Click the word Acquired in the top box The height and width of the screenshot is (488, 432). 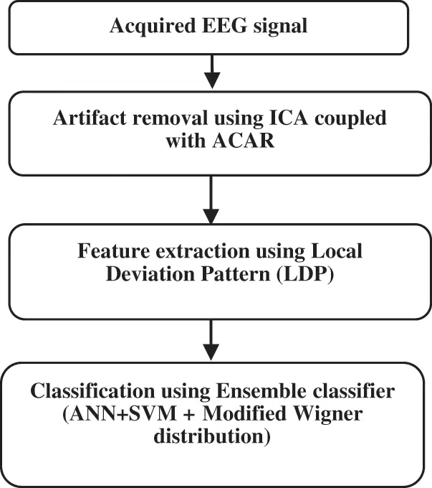coord(153,27)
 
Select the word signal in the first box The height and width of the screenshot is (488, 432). coord(280,27)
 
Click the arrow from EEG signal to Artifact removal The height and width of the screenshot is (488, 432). coord(212,72)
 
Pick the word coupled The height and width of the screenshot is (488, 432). coord(350,119)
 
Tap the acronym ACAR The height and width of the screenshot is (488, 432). coord(244,141)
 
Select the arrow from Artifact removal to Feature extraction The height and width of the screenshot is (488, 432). coord(211,200)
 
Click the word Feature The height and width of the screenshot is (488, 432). coord(113,250)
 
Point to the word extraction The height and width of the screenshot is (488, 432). coord(203,250)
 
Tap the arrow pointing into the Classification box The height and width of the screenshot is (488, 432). coord(211,340)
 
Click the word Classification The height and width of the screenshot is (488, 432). coord(92,391)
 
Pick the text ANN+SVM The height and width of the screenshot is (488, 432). coord(123,414)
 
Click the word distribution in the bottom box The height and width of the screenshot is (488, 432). coord(209,436)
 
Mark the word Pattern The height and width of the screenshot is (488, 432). coord(236,274)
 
